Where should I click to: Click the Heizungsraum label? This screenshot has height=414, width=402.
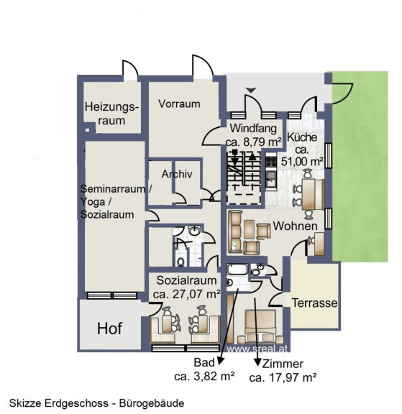pos(111,114)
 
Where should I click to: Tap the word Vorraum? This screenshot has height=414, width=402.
pos(179,103)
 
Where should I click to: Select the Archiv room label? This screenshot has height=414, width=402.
pos(177,174)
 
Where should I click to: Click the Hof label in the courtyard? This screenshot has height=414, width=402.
pos(109,328)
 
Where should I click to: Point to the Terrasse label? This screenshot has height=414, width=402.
pos(314,303)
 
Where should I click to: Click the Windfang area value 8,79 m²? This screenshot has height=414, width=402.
pos(262,142)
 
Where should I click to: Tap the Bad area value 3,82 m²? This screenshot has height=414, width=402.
pos(214,376)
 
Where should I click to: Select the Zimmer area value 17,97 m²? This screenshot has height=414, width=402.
pos(293,377)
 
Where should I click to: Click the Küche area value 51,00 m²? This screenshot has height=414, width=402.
pos(302,161)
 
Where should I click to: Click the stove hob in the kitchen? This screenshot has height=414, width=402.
pos(271,161)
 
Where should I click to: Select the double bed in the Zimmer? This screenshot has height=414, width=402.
pos(261,323)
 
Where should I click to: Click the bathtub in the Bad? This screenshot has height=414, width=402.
pos(237,269)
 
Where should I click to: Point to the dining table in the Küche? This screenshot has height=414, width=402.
pos(309,194)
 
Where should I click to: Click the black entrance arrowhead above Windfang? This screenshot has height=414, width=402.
pos(251,90)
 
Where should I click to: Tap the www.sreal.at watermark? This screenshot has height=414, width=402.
pos(257,349)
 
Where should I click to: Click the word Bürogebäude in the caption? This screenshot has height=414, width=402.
pos(152,403)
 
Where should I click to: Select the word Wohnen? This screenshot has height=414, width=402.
pos(295,226)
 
